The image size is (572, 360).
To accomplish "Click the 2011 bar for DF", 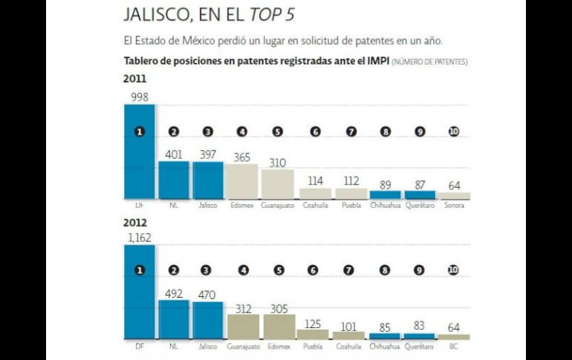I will coord(139,152).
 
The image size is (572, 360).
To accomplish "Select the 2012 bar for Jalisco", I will coord(208,321).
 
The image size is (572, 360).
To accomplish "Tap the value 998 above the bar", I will coord(139,97).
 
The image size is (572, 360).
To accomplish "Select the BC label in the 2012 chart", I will coord(453,346).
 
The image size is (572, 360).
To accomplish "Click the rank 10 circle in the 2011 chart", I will coord(454,131).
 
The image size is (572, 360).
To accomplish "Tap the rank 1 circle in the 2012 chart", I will coord(139,270).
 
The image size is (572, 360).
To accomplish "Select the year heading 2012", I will coord(134,222).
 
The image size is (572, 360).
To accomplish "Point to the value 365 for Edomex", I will coord(243,157).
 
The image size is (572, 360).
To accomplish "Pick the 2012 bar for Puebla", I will coord(313,335).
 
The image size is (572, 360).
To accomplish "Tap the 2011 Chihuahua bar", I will coord(383,194).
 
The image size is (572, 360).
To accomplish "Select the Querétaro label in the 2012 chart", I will coord(419,346).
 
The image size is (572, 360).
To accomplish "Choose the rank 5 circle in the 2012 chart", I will coord(279,270).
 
